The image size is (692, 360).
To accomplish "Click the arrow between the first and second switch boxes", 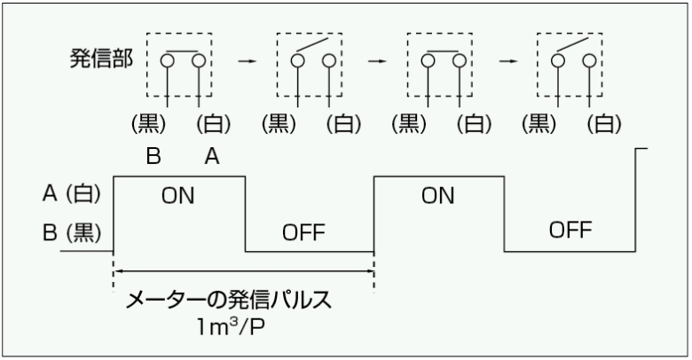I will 248,64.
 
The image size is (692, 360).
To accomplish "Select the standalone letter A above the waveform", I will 213,157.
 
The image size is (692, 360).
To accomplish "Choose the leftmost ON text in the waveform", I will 178,196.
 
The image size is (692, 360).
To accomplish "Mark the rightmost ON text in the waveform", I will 438,196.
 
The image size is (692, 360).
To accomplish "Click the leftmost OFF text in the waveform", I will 304,233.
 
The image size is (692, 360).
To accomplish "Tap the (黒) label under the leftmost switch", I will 147,124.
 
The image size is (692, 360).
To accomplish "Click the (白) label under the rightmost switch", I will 600,124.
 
